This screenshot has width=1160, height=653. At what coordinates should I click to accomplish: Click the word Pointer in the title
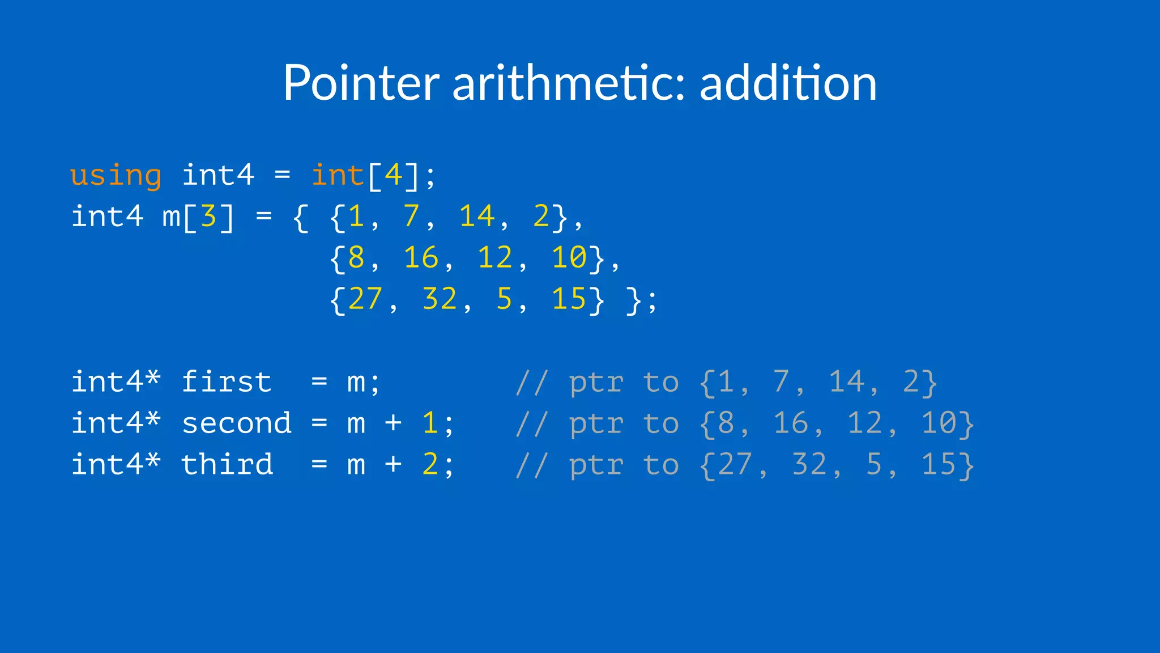361,83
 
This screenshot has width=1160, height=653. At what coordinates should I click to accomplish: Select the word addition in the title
788,83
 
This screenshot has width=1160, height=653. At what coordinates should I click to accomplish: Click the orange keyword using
116,175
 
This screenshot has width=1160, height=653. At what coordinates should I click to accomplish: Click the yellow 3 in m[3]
208,217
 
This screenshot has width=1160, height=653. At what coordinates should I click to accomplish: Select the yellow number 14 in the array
477,217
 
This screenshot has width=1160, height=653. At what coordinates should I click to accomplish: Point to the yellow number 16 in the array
421,258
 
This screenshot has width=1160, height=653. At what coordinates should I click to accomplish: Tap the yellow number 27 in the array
365,299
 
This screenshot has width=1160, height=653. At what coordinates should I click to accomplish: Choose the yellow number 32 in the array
440,299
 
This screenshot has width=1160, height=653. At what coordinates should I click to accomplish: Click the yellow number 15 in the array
569,299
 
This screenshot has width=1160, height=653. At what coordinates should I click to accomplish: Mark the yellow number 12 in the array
495,258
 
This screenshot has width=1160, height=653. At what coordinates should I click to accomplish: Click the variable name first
227,382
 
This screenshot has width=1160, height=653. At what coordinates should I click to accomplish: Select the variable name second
236,423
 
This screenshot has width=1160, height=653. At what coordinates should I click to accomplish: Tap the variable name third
227,465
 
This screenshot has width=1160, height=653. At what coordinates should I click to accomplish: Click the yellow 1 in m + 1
430,423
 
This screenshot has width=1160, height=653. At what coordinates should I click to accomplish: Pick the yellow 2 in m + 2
430,465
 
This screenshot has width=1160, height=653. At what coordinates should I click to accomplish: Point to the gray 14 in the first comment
847,382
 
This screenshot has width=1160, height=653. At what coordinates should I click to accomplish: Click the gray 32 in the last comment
809,465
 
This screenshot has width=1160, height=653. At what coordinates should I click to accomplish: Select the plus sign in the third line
393,465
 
